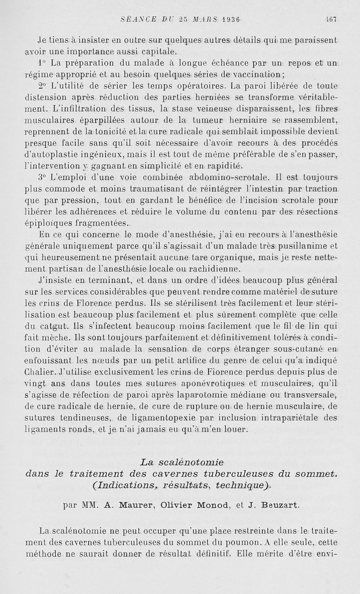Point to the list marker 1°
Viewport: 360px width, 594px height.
coord(42,62)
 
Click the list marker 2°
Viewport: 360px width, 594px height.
coord(42,86)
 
